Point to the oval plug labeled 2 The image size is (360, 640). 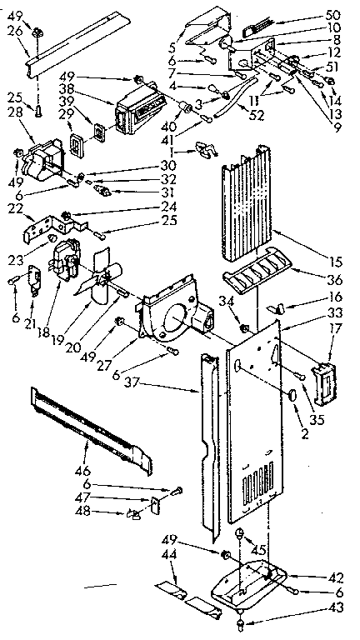point(293,394)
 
